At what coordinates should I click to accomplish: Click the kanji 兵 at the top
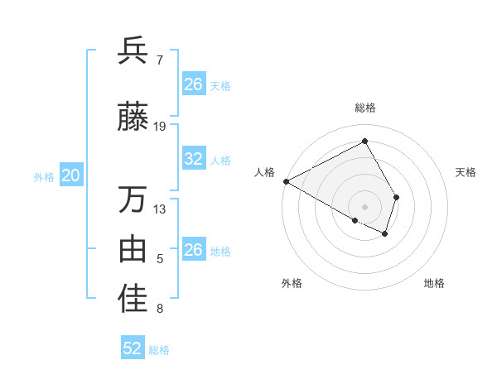133,51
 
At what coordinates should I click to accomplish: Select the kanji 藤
133,118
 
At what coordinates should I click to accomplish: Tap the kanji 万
133,199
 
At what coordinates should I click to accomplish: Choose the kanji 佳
133,300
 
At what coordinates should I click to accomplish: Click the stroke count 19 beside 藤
160,127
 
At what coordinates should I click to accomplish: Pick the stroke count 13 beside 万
160,209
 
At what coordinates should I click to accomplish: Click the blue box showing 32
193,159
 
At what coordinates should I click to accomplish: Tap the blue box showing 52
133,348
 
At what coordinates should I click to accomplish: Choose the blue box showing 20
71,175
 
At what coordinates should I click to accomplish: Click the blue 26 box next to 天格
193,84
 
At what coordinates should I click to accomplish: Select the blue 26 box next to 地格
193,250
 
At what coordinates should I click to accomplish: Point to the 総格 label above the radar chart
365,108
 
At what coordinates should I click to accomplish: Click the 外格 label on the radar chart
292,284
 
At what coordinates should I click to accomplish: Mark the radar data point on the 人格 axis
286,180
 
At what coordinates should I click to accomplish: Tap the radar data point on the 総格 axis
365,142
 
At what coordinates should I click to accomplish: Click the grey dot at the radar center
365,205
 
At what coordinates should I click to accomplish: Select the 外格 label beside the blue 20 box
44,176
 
